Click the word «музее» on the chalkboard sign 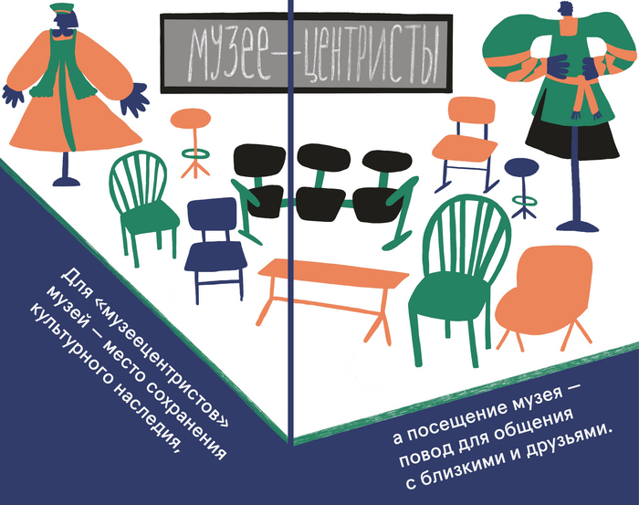click(x=228, y=55)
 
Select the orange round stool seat click(x=190, y=118)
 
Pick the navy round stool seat click(x=521, y=167)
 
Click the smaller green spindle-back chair click(x=142, y=204)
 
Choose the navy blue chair click(x=215, y=248)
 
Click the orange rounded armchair click(x=544, y=293)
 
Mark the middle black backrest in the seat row click(x=323, y=157)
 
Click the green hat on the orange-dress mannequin click(x=61, y=7)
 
